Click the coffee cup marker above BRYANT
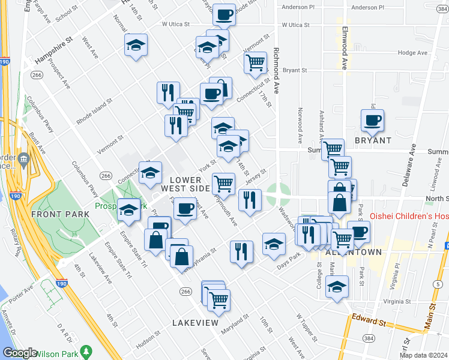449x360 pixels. tap(372, 121)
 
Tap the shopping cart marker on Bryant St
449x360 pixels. tap(256, 62)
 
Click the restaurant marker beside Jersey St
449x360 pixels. tap(250, 200)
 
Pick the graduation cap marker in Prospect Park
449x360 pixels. tap(128, 209)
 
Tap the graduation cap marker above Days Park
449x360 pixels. tap(274, 244)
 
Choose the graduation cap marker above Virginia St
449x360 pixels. tap(337, 286)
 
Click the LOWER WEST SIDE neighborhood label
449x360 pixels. tap(182, 184)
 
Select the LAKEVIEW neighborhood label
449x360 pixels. tap(195, 323)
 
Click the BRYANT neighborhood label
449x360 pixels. tap(373, 140)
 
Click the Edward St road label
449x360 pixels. tap(369, 322)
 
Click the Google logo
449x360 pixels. tap(20, 353)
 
